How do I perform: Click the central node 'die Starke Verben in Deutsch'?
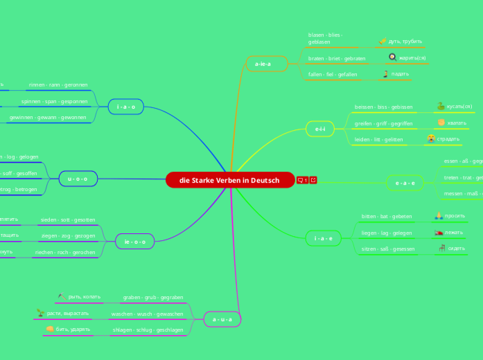click(x=229, y=181)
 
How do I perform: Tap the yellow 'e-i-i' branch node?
click(x=319, y=129)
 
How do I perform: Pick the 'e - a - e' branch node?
click(x=405, y=183)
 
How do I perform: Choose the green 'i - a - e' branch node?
click(x=323, y=238)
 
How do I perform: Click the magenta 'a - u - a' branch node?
click(x=222, y=319)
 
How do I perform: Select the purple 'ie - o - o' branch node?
click(x=134, y=242)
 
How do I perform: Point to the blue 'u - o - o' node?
click(x=78, y=179)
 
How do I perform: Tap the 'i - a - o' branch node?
click(x=126, y=107)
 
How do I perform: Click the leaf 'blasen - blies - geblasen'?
click(x=326, y=38)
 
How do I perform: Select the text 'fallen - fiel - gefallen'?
click(x=333, y=74)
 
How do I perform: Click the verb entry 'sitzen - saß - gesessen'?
click(x=388, y=249)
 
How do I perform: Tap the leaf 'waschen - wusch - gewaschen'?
click(x=147, y=314)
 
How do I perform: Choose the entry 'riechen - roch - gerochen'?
click(x=65, y=253)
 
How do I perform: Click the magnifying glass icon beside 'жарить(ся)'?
click(x=392, y=57)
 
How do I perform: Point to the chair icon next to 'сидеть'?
click(x=441, y=248)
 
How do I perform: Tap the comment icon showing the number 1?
click(x=302, y=181)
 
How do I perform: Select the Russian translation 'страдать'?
click(x=448, y=138)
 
